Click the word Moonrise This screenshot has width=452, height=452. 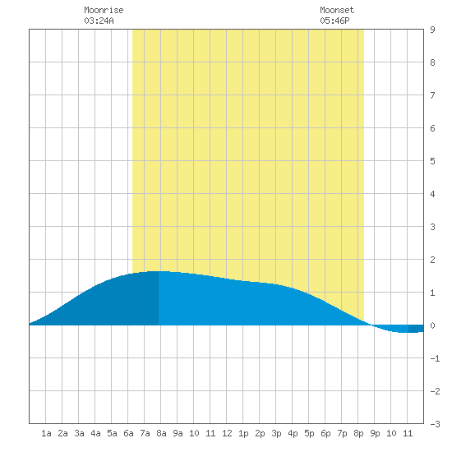[x=104, y=10]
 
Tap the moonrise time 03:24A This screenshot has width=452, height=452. [x=99, y=21]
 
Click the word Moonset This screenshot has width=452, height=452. [x=337, y=10]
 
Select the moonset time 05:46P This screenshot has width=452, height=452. [x=334, y=21]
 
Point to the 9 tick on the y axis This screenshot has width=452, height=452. [x=432, y=30]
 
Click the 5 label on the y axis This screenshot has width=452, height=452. [x=432, y=161]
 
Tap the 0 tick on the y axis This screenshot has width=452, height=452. [x=432, y=325]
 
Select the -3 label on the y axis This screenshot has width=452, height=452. [x=435, y=424]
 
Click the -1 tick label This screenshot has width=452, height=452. [x=435, y=358]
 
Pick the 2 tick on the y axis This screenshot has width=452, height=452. [x=432, y=260]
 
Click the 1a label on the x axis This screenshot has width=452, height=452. [x=46, y=433]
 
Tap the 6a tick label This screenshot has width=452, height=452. [x=128, y=433]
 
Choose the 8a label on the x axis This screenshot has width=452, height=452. [x=161, y=433]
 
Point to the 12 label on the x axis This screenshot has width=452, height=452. [x=227, y=433]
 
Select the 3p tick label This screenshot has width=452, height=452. [x=276, y=433]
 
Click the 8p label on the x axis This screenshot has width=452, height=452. [x=358, y=433]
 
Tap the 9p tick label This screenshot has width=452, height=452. [x=375, y=433]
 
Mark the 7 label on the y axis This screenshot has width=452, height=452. [x=432, y=95]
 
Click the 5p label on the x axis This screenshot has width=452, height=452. [x=309, y=433]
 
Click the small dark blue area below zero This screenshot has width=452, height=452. [x=416, y=329]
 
